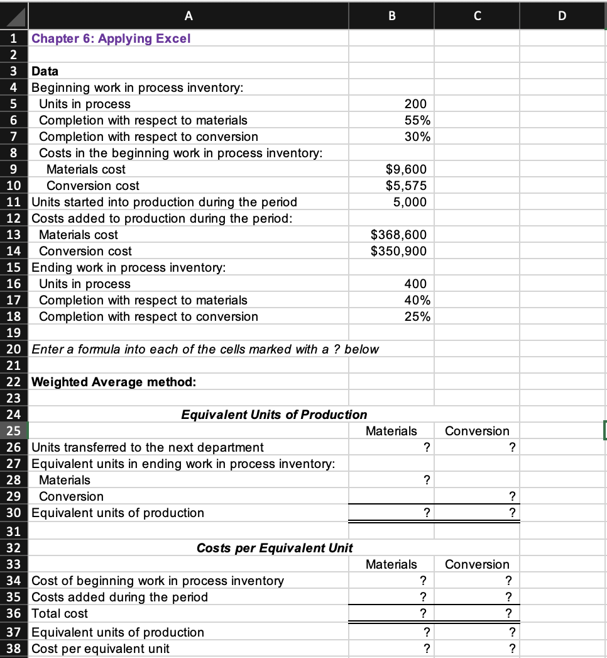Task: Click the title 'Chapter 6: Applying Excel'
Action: pos(111,38)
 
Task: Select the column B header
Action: pos(391,15)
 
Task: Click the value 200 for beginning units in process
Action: pos(415,104)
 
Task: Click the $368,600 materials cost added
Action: pos(398,235)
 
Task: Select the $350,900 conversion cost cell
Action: pos(398,251)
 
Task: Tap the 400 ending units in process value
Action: pos(415,284)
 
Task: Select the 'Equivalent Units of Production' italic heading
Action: pos(274,415)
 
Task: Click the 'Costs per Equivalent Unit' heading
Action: pos(274,548)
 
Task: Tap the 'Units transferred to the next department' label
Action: pos(148,447)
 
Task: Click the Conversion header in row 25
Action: pos(477,431)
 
